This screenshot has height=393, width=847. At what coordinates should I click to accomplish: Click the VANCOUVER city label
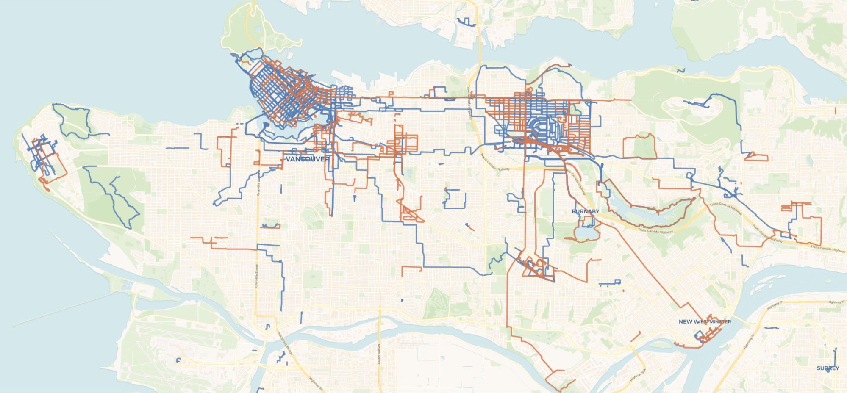[x=308, y=159]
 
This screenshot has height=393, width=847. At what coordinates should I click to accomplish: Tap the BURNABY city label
[x=585, y=211]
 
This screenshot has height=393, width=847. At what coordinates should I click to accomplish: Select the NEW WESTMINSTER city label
[x=705, y=322]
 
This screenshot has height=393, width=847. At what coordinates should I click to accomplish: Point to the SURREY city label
[x=828, y=368]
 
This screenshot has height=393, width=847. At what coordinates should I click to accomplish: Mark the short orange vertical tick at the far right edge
[x=835, y=111]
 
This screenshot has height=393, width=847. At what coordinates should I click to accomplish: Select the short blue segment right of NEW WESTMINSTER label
[x=771, y=328]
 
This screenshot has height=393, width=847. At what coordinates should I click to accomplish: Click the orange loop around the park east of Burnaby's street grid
[x=639, y=147]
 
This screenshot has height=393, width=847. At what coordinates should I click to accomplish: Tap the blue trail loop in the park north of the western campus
[x=72, y=121]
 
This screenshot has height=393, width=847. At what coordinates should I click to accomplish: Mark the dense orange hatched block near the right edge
[x=789, y=207]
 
